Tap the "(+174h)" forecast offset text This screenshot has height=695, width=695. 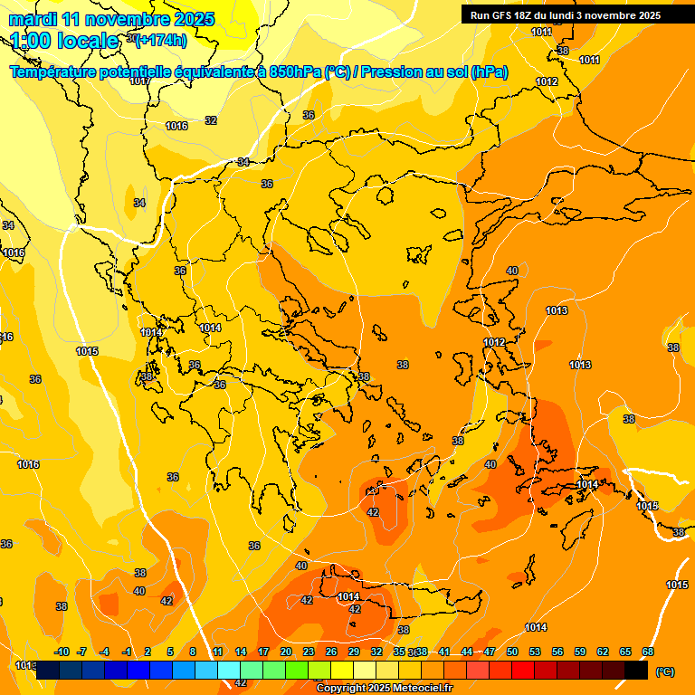(x=162, y=40)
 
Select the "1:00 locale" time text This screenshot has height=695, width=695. (x=64, y=41)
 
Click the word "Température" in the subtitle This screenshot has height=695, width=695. (x=57, y=72)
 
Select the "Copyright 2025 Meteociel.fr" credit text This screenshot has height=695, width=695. (x=384, y=689)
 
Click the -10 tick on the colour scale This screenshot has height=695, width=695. (x=62, y=652)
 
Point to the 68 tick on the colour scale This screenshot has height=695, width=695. (x=648, y=652)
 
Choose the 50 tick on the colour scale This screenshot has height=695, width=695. (x=512, y=652)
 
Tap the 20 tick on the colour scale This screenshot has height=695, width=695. (x=286, y=652)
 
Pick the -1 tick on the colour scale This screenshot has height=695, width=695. (x=128, y=652)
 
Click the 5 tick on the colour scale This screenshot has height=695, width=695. (x=170, y=652)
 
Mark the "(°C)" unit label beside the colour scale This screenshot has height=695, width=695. (x=664, y=671)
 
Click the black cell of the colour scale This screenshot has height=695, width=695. (x=636, y=671)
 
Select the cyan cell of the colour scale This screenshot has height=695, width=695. (x=229, y=671)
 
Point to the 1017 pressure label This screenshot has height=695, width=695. (x=139, y=81)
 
